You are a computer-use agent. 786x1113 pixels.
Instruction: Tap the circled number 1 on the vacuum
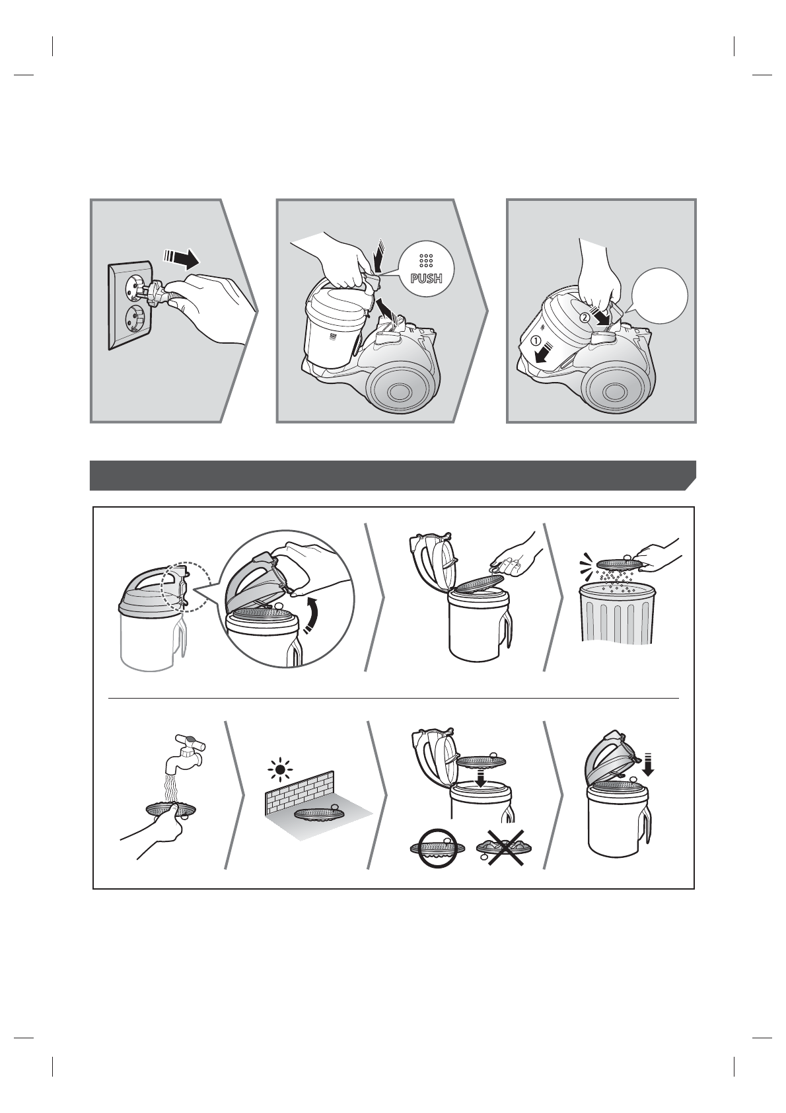tap(535, 341)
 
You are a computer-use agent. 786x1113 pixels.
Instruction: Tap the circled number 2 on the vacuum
tap(585, 317)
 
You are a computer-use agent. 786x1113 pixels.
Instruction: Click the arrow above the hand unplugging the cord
tap(181, 258)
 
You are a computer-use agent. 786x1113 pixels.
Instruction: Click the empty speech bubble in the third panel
tap(659, 297)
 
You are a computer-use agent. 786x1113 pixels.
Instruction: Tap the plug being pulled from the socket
tap(153, 294)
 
